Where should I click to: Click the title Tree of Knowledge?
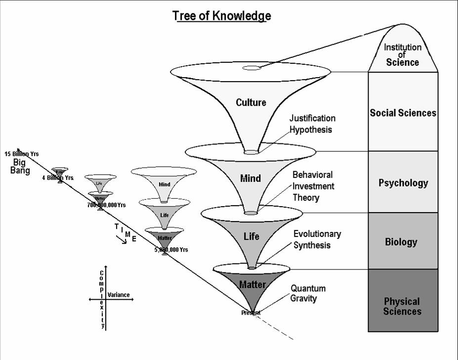click(x=221, y=16)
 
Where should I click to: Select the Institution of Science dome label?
click(x=403, y=54)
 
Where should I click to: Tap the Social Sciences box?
click(x=403, y=113)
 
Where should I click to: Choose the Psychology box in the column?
click(x=403, y=182)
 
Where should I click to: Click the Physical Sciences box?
click(x=402, y=306)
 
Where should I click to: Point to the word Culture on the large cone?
click(x=250, y=102)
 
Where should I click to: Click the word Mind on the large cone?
click(x=250, y=178)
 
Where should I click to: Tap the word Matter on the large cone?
click(x=252, y=284)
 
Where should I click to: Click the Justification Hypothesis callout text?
click(x=312, y=124)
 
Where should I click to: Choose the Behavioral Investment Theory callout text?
click(x=313, y=186)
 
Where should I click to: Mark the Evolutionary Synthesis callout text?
click(x=317, y=239)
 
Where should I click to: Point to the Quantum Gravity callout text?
click(x=308, y=293)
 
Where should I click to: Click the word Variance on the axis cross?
click(x=119, y=295)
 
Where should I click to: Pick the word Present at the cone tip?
click(x=251, y=313)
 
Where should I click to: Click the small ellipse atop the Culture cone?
click(x=251, y=68)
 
